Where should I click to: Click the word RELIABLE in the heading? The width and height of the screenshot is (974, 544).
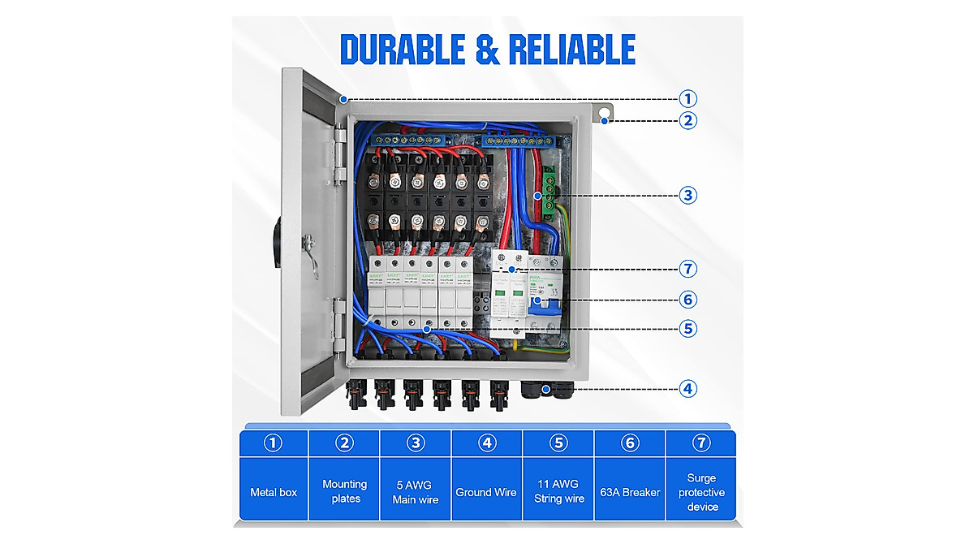(x=571, y=49)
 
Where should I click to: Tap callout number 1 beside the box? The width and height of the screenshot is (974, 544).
(x=688, y=99)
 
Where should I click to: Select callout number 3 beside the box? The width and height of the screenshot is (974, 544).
(x=688, y=195)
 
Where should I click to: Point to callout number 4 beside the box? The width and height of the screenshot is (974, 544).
(x=688, y=388)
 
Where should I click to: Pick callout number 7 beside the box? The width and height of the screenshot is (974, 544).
(x=688, y=268)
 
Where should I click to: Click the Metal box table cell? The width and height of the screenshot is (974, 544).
(x=274, y=492)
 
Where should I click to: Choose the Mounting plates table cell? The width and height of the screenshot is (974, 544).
(x=345, y=491)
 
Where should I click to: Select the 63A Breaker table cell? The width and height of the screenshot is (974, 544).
(x=630, y=492)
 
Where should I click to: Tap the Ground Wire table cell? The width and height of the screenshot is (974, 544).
(x=486, y=492)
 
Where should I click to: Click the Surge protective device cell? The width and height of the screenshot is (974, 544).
(x=702, y=492)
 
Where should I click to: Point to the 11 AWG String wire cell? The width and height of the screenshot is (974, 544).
(x=558, y=492)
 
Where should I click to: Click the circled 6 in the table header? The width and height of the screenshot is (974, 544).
(x=630, y=443)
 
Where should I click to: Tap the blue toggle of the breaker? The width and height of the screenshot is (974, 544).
(x=538, y=302)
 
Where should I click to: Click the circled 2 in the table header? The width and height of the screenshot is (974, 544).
(x=345, y=443)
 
